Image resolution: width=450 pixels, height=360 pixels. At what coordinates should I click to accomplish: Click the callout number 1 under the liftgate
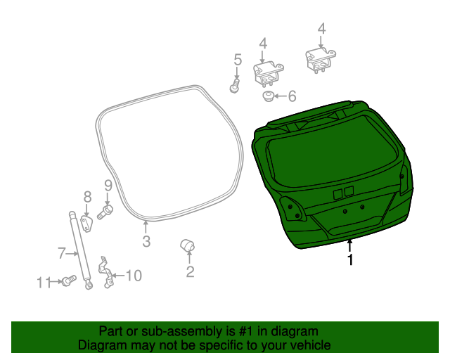pyautogui.click(x=349, y=261)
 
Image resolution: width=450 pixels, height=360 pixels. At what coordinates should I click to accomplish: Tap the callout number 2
pyautogui.click(x=190, y=272)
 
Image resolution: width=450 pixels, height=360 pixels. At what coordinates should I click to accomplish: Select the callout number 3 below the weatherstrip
pyautogui.click(x=146, y=243)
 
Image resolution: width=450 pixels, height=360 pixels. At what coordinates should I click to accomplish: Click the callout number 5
pyautogui.click(x=237, y=60)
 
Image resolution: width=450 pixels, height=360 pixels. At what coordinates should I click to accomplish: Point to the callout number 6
pyautogui.click(x=292, y=96)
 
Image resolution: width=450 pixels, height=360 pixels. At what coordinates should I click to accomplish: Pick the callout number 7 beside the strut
pyautogui.click(x=61, y=252)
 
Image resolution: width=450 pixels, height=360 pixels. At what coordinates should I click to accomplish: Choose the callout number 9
pyautogui.click(x=108, y=186)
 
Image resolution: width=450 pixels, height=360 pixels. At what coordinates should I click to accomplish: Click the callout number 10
pyautogui.click(x=133, y=276)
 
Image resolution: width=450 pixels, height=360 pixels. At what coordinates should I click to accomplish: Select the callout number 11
pyautogui.click(x=44, y=283)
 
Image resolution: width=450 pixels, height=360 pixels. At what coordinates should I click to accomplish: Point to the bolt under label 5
pyautogui.click(x=235, y=87)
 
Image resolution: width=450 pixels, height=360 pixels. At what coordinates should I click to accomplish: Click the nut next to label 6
pyautogui.click(x=269, y=95)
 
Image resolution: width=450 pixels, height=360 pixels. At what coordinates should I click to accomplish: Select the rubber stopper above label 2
pyautogui.click(x=188, y=244)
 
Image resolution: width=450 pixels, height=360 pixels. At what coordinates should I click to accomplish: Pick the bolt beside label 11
pyautogui.click(x=68, y=281)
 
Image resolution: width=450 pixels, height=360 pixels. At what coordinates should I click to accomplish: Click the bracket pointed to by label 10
pyautogui.click(x=106, y=272)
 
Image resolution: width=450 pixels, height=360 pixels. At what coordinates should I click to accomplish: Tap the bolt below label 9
pyautogui.click(x=105, y=210)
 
